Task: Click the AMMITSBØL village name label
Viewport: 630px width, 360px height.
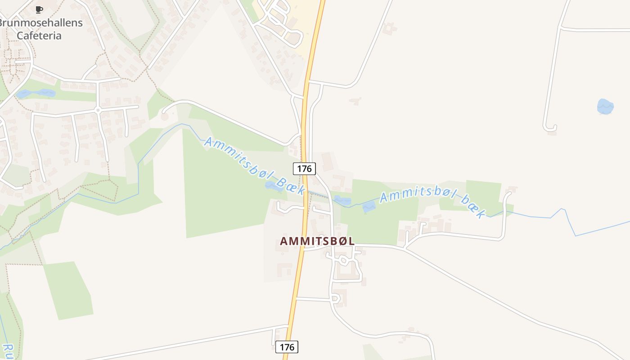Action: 317,241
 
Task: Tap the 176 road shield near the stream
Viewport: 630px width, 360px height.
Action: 304,169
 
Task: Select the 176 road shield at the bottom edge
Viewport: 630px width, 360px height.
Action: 287,347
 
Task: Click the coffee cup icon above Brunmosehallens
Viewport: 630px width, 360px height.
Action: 39,9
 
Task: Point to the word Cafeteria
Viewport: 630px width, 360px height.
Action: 39,36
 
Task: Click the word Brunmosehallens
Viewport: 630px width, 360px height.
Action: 41,23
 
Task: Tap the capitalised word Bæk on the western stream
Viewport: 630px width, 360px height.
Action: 290,185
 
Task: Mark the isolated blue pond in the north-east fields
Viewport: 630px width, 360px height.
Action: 605,106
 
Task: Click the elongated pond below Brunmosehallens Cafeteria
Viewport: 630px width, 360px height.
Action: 36,94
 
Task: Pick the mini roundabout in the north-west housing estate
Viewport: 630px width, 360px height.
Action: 98,109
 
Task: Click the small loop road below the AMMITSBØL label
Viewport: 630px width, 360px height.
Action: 344,261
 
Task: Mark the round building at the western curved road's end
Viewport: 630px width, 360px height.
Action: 165,116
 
